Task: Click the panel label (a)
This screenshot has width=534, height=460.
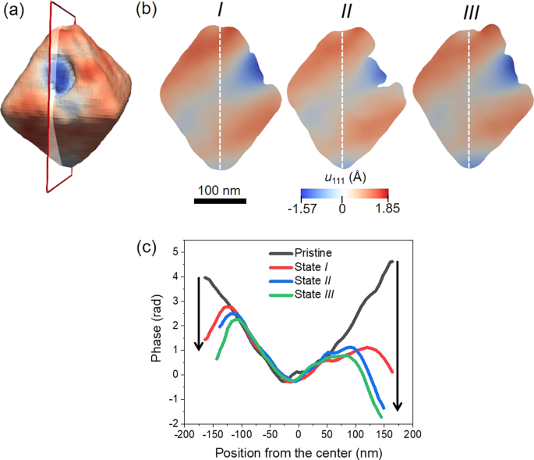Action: point(16,12)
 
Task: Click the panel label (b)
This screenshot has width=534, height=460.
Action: point(149,12)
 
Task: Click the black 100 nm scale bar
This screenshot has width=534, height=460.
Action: point(220,201)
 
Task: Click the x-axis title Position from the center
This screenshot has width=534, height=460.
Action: point(297,451)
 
